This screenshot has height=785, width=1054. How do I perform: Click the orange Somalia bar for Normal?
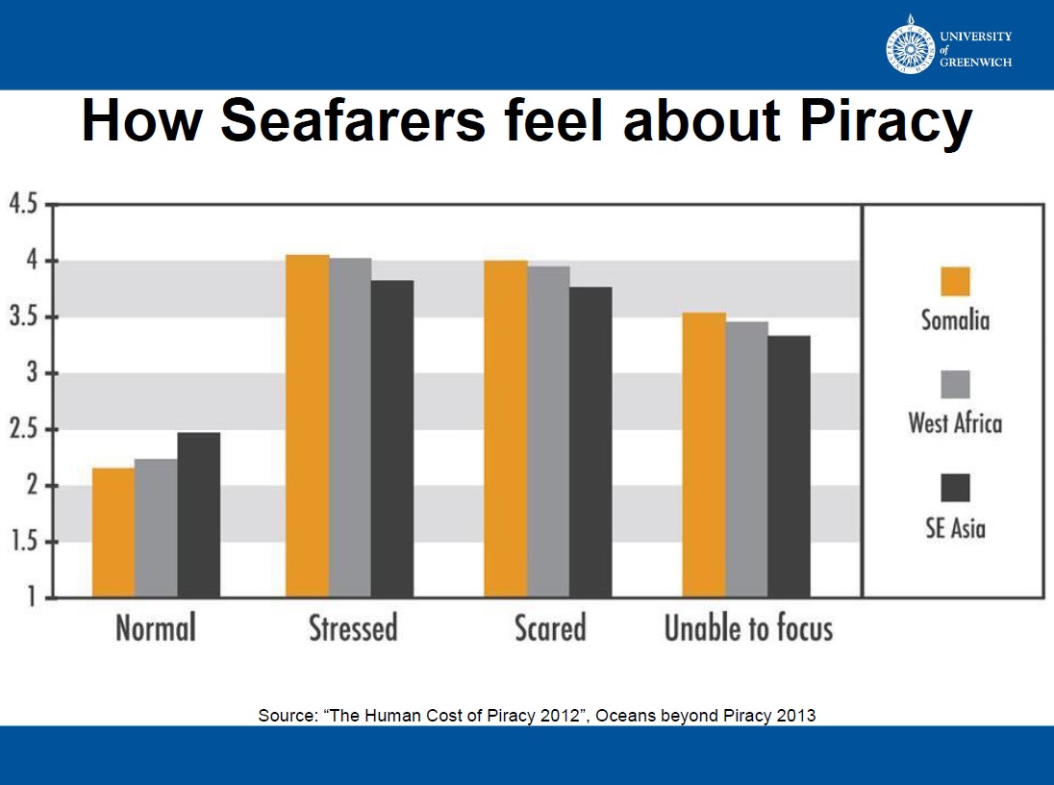[113, 532]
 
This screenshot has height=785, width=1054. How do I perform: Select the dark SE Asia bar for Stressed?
[392, 439]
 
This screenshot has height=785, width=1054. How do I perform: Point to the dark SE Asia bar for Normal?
[198, 515]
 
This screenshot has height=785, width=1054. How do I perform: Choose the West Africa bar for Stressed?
[350, 427]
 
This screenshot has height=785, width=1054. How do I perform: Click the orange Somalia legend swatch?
[955, 282]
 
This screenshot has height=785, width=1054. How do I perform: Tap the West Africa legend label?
[955, 423]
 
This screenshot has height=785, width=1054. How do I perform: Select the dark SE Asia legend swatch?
[955, 489]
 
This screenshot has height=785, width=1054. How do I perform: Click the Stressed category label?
[353, 629]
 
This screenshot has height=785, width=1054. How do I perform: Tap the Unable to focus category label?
[748, 629]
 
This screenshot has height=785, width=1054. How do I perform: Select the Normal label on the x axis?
[156, 629]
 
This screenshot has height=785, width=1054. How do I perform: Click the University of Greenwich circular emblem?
[910, 45]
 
